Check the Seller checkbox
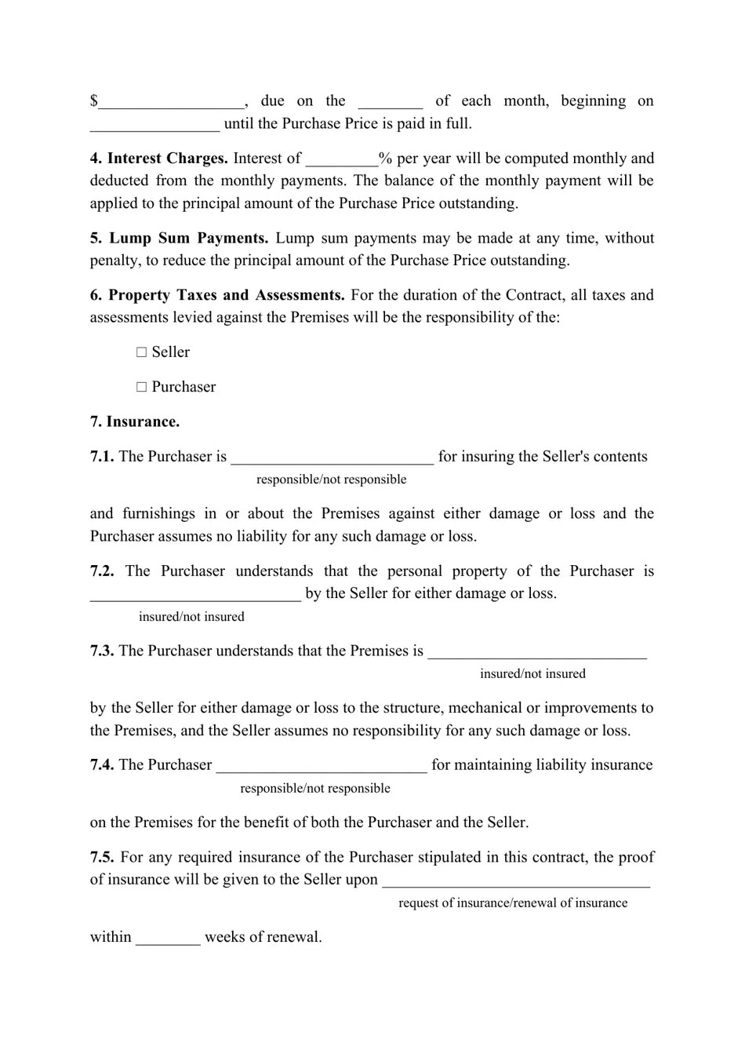142,352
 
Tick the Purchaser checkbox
142,387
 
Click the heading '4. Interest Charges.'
159,159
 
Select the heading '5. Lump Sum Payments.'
180,239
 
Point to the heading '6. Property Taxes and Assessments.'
217,296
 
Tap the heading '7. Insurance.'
135,422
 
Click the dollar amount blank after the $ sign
172,103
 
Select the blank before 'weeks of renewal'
169,939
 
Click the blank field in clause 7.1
333,458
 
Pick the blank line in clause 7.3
537,653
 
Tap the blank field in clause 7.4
322,767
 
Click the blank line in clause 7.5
516,881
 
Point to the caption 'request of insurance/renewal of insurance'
513,903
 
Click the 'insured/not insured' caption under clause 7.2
191,617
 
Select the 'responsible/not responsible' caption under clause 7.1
331,480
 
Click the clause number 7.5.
102,858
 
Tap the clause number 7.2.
102,571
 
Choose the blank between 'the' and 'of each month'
391,103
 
